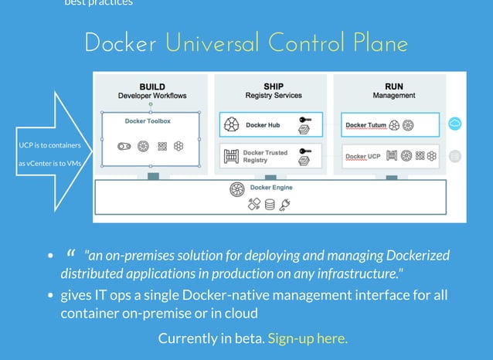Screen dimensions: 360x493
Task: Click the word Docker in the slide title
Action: tap(120, 43)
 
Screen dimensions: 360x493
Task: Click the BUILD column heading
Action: tap(152, 87)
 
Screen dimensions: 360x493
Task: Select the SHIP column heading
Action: tap(273, 87)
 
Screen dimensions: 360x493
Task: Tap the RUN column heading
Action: tap(393, 87)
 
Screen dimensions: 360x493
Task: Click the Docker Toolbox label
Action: tap(148, 121)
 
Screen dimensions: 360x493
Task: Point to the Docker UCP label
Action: tap(362, 157)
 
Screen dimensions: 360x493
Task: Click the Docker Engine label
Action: tap(270, 188)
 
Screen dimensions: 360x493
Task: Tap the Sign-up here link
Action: tap(308, 338)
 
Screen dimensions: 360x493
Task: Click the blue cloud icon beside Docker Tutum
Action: tap(455, 124)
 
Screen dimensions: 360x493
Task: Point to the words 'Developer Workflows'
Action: tap(152, 96)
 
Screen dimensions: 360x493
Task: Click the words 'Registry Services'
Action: tap(273, 96)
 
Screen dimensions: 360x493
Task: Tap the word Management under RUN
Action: tap(393, 96)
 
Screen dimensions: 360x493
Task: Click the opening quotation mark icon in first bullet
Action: tap(71, 253)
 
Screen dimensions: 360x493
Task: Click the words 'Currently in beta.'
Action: tap(211, 338)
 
